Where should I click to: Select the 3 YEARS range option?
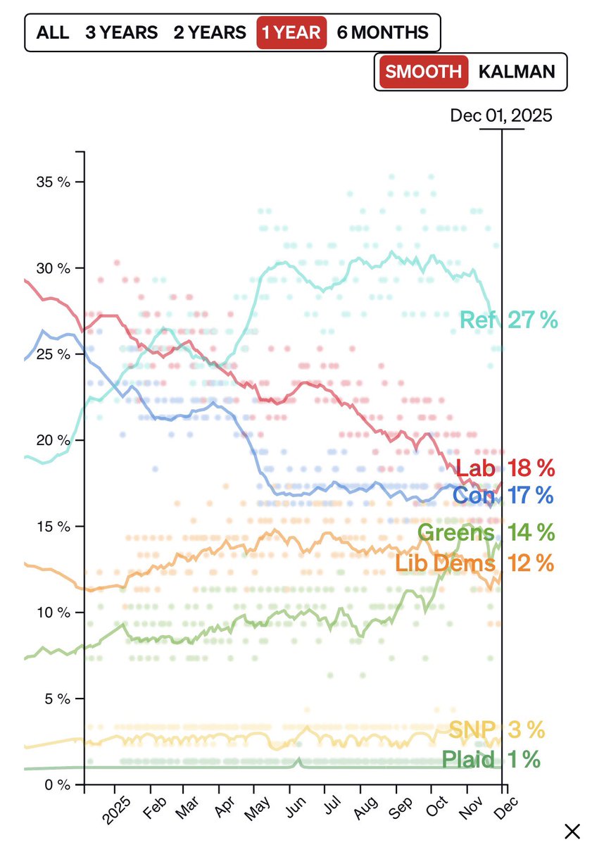coord(120,32)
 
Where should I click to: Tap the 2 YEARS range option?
coord(210,32)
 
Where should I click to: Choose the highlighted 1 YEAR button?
coord(291,32)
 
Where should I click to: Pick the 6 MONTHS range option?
coord(382,32)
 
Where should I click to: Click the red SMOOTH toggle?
coord(424,71)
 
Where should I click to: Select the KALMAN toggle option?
coord(517,71)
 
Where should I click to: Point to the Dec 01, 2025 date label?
coord(501,115)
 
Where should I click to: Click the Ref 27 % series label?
coord(508,320)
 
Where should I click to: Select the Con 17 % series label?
coord(503,495)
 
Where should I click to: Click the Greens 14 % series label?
coord(486,532)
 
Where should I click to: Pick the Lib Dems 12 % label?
coord(474,563)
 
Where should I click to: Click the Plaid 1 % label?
coord(491,760)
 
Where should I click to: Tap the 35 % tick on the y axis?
coord(53,182)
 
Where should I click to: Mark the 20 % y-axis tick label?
coord(53,440)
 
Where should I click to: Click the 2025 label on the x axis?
coord(118,808)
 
